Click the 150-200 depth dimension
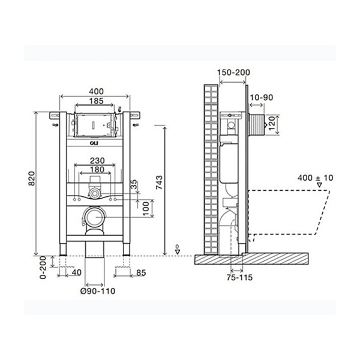tap(232, 73)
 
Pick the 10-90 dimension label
tap(262, 97)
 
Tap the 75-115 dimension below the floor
tap(239, 278)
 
